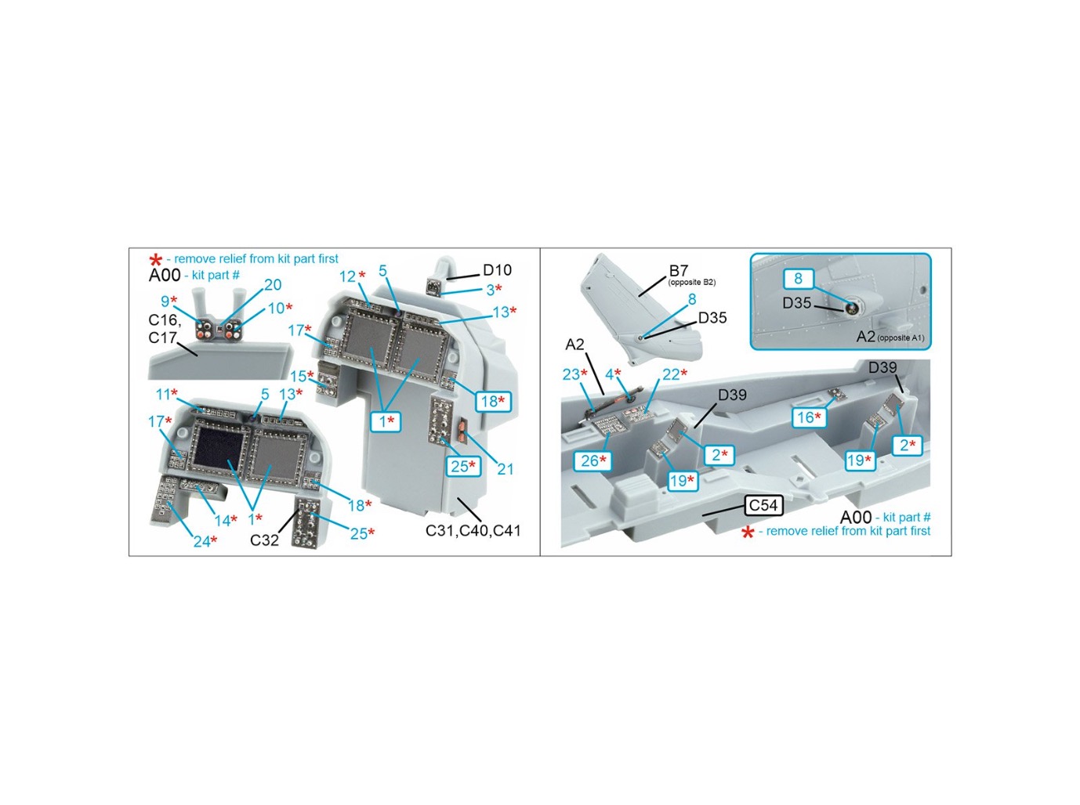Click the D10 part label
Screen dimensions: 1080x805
pyautogui.click(x=497, y=270)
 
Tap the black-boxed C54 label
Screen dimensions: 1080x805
pyautogui.click(x=763, y=505)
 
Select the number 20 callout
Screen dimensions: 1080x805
pyautogui.click(x=273, y=284)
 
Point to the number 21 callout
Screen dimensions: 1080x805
pyautogui.click(x=506, y=469)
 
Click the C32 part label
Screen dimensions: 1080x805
pyautogui.click(x=264, y=540)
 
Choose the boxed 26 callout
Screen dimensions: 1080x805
pyautogui.click(x=593, y=461)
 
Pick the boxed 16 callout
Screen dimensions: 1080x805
pyautogui.click(x=809, y=417)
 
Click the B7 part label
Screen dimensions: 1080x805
pyautogui.click(x=679, y=270)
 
